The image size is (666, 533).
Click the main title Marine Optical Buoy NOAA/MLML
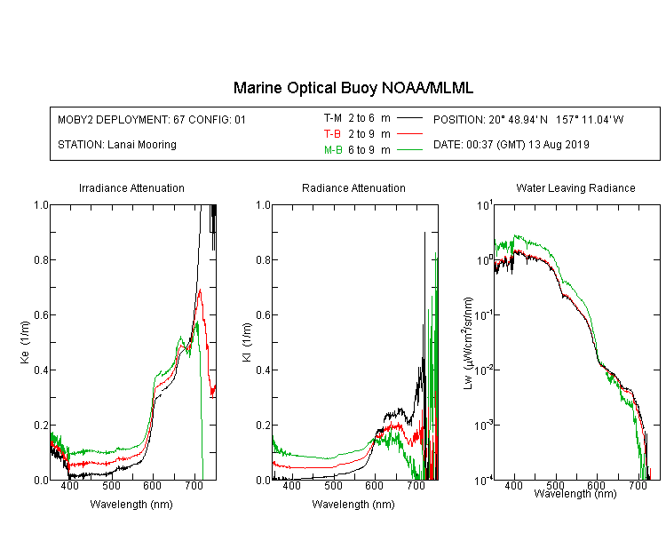coord(353,88)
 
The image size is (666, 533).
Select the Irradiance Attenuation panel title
coord(131,188)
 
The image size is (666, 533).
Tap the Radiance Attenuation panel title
coord(353,188)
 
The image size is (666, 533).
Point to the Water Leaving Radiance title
coord(576,188)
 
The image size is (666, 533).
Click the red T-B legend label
coord(332,134)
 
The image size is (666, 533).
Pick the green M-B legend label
coord(333,150)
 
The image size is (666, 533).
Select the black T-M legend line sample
coord(410,118)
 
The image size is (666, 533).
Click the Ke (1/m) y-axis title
coord(25,342)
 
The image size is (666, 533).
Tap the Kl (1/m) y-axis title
coord(247,342)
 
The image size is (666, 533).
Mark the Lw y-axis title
coord(468,343)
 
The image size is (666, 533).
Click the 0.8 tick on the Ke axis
coord(41,259)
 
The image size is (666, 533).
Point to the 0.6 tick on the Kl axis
coord(264,315)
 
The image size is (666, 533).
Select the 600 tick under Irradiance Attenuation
coord(152,485)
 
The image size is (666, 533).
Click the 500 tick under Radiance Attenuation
coord(333,485)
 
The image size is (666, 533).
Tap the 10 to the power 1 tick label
coord(485,205)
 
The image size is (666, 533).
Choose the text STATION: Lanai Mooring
coord(117,145)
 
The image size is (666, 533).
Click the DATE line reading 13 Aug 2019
coord(511,145)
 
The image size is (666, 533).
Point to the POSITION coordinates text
coord(528,119)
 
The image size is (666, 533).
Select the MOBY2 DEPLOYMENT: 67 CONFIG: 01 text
coord(152,119)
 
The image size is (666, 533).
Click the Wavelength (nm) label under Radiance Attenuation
coord(353,505)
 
